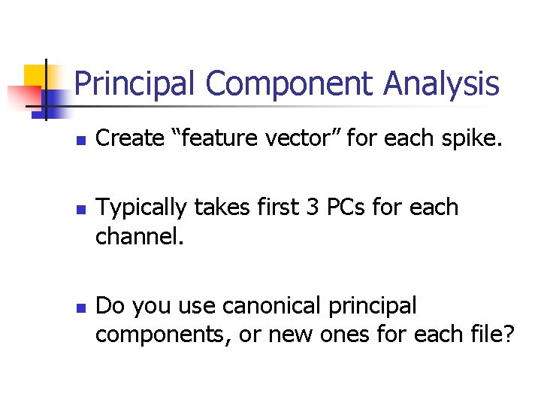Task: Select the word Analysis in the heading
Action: click(x=441, y=84)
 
